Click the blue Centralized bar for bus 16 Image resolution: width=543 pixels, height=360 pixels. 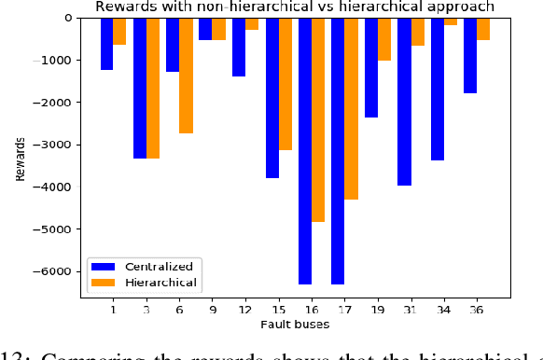[x=305, y=149]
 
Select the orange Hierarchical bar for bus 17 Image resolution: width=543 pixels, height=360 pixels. [x=351, y=107]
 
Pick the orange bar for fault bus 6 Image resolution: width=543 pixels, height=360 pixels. [x=186, y=75]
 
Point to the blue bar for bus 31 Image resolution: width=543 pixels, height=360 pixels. [x=404, y=101]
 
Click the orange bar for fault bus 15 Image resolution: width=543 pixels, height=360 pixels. [x=285, y=84]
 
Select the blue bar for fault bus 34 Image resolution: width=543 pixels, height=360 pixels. [x=437, y=89]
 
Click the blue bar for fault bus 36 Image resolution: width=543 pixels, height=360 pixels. [x=470, y=55]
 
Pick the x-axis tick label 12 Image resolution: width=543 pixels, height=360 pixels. [x=245, y=310]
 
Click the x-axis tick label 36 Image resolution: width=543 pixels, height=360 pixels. [x=477, y=310]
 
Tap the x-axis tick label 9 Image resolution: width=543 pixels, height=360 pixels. [x=212, y=310]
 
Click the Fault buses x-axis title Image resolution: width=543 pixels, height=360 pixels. [x=295, y=325]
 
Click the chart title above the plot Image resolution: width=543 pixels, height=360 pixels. [x=295, y=7]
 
